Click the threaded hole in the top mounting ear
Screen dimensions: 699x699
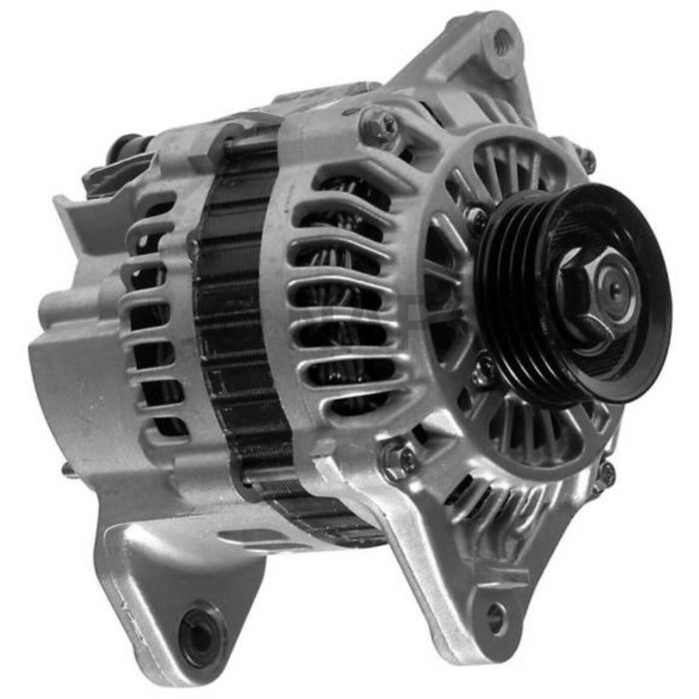tap(502, 41)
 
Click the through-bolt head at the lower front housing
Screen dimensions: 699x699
tap(396, 460)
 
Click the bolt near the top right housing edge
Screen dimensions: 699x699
tap(587, 158)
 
